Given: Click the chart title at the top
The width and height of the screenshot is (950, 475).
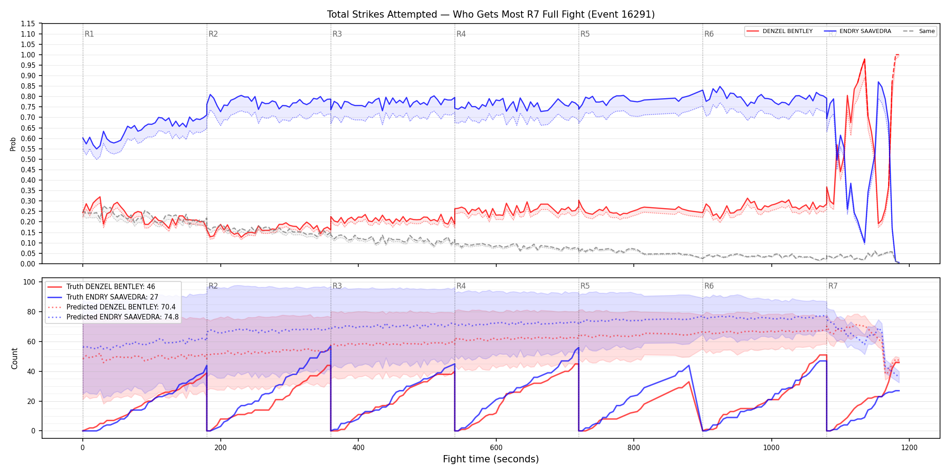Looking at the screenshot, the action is [x=491, y=14].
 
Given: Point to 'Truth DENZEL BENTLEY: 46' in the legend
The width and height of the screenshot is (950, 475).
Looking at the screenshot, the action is [x=110, y=287].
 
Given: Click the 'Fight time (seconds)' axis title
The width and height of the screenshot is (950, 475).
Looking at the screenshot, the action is [x=491, y=459].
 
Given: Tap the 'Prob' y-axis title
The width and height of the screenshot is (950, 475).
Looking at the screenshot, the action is [x=13, y=144].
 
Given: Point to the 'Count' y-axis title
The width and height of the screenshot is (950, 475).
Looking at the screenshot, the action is [x=14, y=358].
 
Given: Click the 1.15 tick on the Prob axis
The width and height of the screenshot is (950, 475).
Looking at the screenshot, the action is [x=28, y=24].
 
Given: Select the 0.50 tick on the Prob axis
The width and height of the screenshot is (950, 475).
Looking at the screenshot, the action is [x=28, y=159].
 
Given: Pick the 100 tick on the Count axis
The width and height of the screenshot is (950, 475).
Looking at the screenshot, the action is [x=29, y=282].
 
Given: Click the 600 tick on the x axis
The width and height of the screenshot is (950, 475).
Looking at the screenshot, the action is [x=496, y=447].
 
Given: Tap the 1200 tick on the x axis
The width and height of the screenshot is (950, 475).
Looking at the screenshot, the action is [x=909, y=447].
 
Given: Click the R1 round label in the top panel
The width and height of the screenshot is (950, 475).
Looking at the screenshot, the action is [x=89, y=34].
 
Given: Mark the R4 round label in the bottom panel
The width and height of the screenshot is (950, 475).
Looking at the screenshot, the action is [x=461, y=286].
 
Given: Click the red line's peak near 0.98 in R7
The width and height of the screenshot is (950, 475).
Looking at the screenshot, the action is [x=864, y=59].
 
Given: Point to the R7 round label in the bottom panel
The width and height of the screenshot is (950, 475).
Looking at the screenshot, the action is [x=833, y=286].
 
